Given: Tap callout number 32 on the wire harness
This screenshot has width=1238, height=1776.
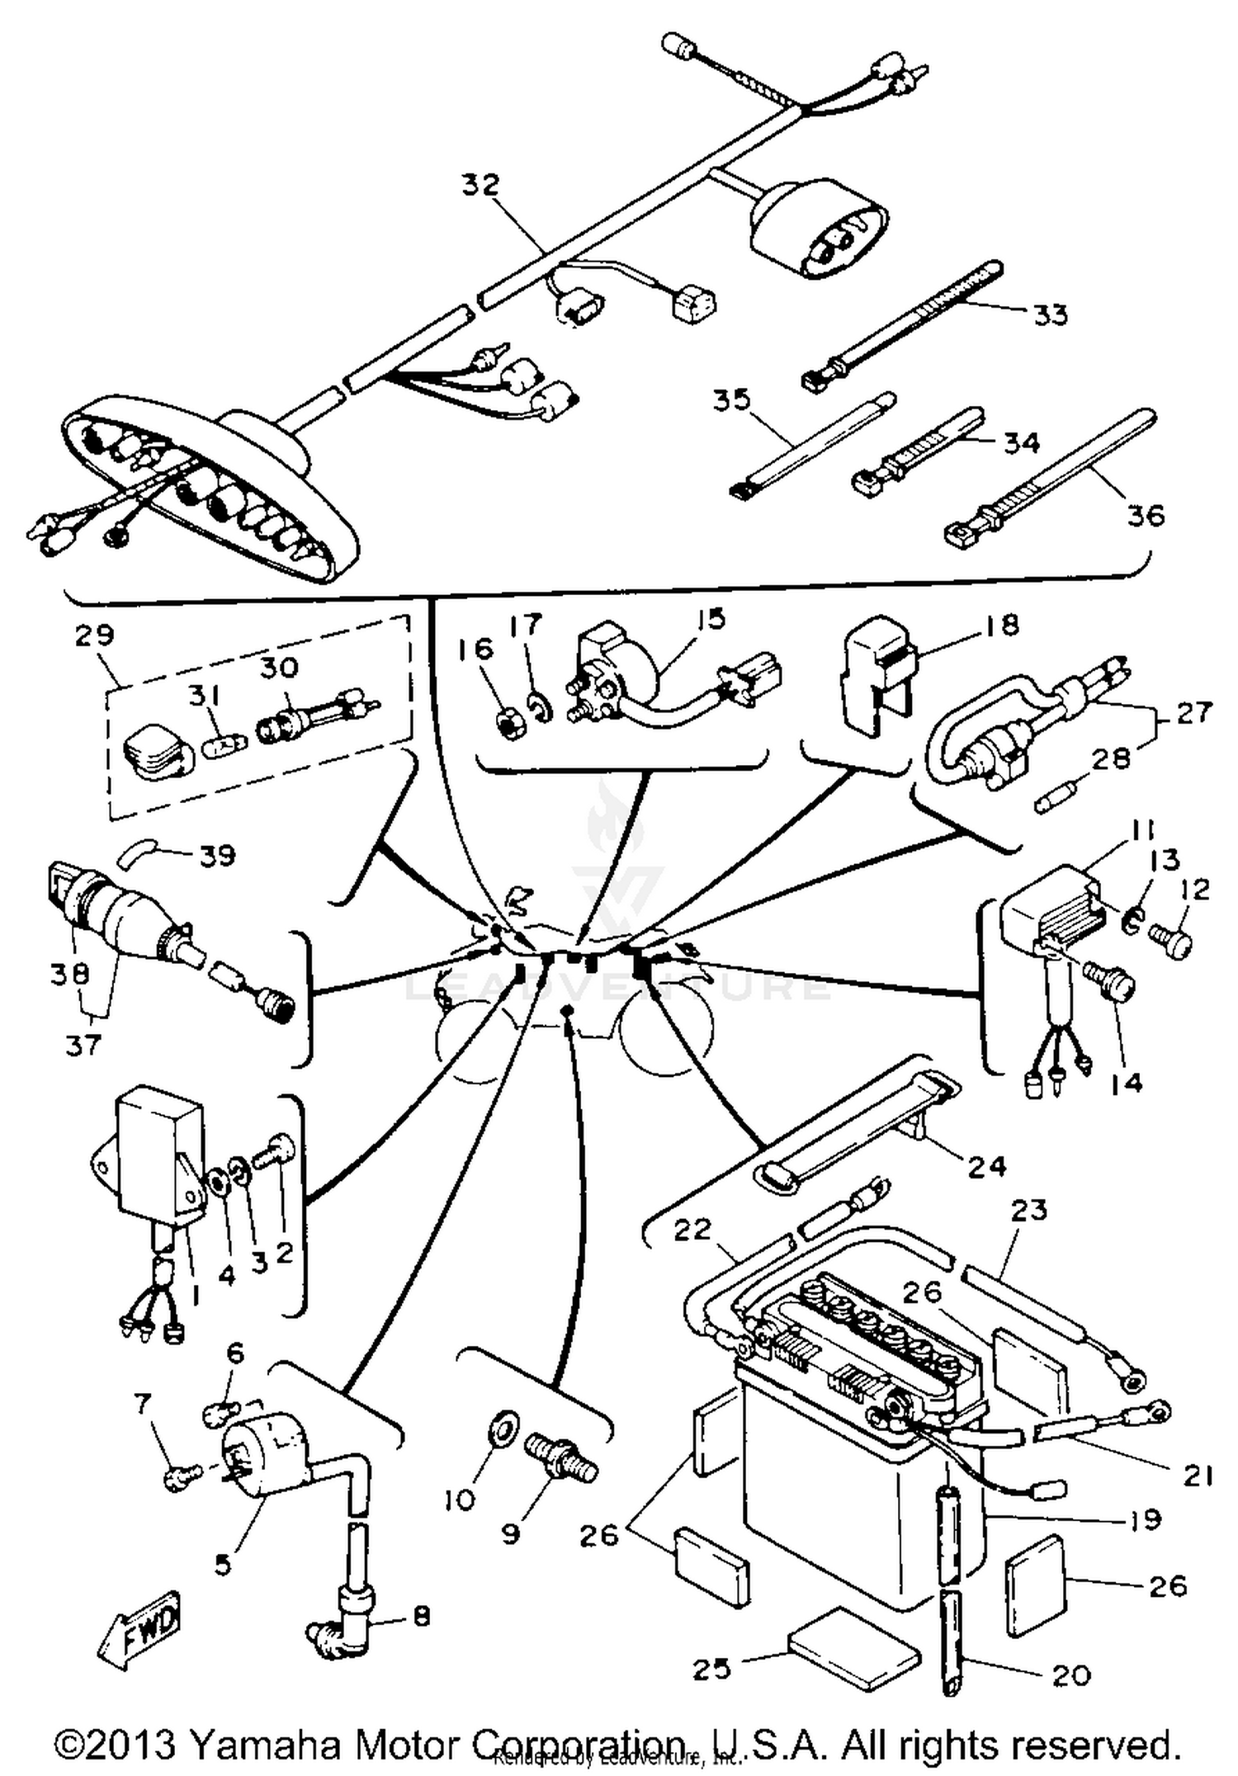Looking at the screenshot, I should pyautogui.click(x=480, y=185).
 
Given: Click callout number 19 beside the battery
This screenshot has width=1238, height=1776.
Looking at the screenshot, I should pyautogui.click(x=1145, y=1519).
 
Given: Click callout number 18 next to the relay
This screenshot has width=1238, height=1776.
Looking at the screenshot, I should pyautogui.click(x=1002, y=626).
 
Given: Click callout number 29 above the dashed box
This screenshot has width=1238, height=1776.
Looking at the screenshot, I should pyautogui.click(x=94, y=636).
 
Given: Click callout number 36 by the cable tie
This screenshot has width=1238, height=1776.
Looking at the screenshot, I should pyautogui.click(x=1145, y=516).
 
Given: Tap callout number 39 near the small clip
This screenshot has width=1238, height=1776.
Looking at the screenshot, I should pyautogui.click(x=216, y=855).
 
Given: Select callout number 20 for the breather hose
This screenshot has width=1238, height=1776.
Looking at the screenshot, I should pyautogui.click(x=1072, y=1675).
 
